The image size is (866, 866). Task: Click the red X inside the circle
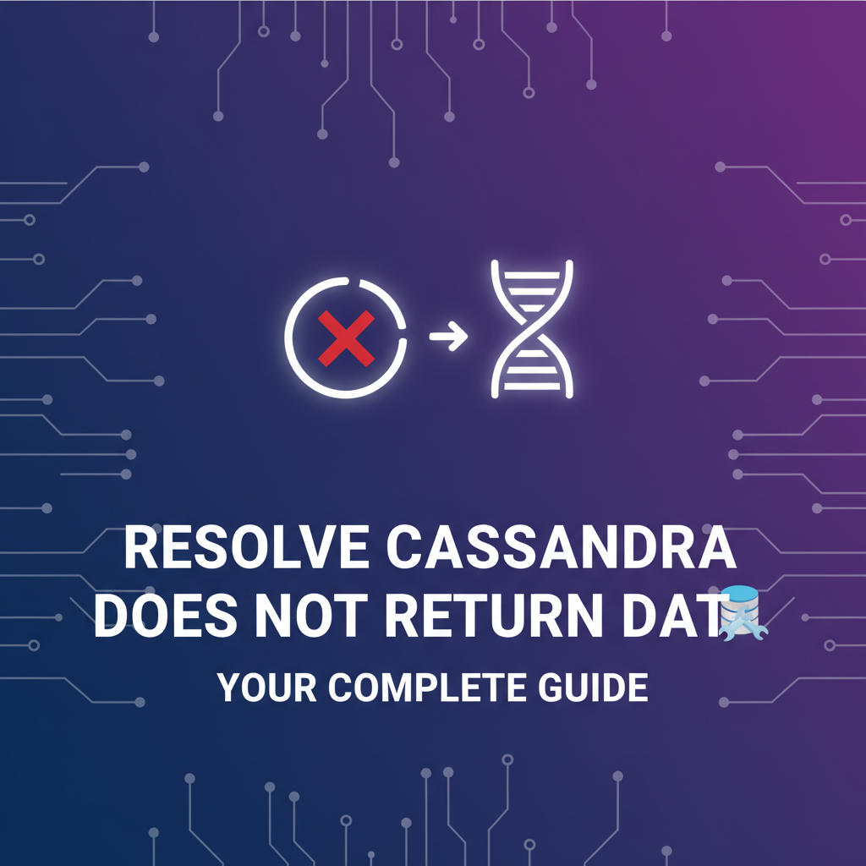[x=346, y=337]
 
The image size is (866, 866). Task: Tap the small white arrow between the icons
[x=448, y=337]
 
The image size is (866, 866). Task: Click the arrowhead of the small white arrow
[x=460, y=337]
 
